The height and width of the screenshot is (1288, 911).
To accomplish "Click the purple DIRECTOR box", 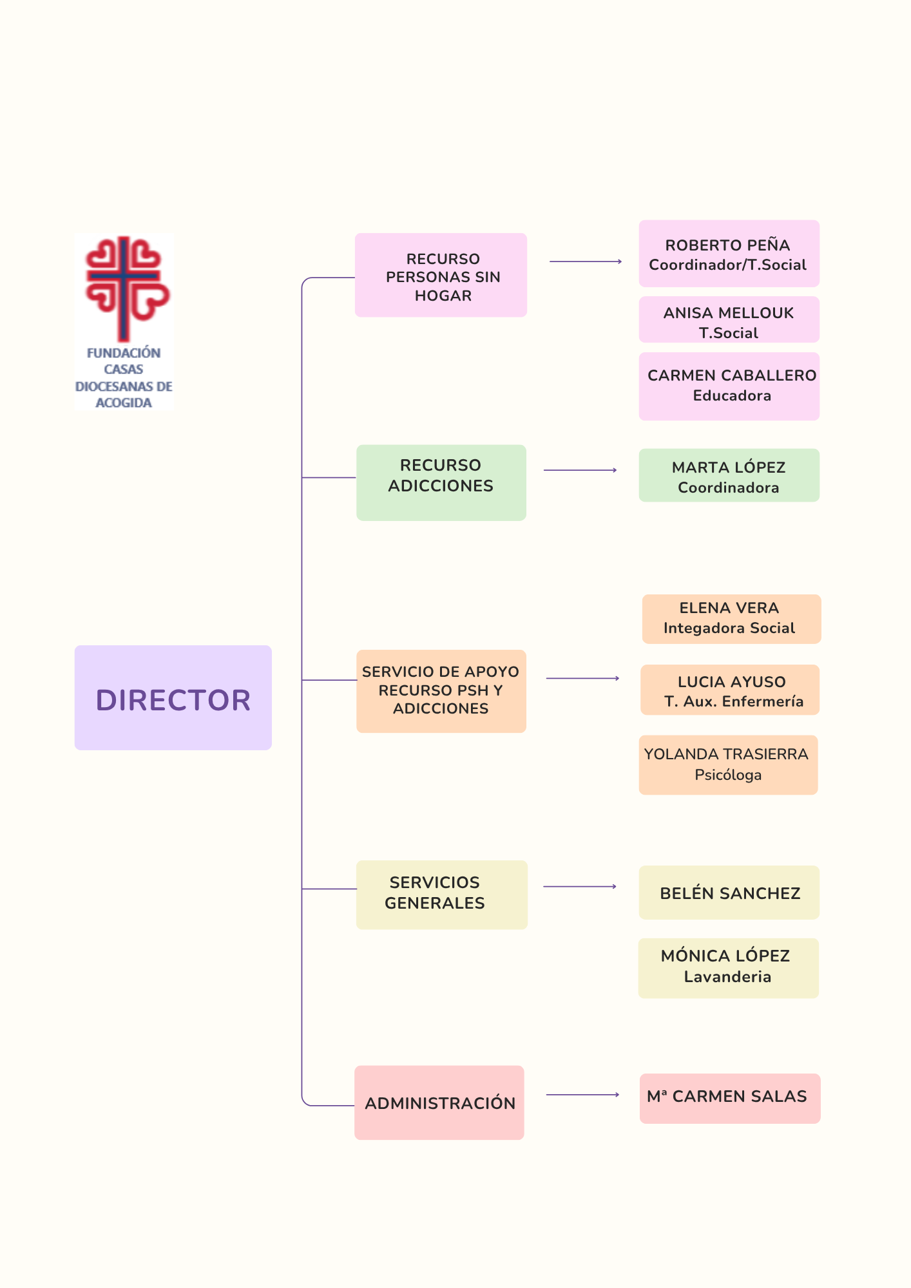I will [x=173, y=697].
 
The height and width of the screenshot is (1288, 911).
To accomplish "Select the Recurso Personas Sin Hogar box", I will [x=441, y=275].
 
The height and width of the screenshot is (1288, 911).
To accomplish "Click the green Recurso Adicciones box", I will [x=441, y=482].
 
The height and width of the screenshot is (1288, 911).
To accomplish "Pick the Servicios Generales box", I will [x=441, y=895].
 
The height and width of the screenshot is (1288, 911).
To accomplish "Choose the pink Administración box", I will [x=439, y=1103].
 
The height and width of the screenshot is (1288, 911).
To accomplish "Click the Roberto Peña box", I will [x=729, y=254].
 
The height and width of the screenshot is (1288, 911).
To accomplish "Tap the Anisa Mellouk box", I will [x=729, y=320].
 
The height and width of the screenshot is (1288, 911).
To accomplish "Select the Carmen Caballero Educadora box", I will [x=729, y=386].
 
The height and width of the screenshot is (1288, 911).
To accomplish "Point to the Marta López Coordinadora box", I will [x=729, y=475].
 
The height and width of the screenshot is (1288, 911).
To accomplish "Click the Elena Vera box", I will [x=731, y=619].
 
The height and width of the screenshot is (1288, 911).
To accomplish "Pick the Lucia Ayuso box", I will [x=729, y=690].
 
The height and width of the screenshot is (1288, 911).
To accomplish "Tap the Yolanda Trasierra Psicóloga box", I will [x=728, y=765].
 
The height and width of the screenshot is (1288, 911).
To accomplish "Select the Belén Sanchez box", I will [x=729, y=893].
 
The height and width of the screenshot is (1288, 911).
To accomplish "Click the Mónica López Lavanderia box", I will [x=728, y=968].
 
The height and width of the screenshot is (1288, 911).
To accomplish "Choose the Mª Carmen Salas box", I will [x=729, y=1098].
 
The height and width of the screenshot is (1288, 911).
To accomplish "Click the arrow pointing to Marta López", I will [x=580, y=470].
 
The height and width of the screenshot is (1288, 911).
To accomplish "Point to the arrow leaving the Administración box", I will [x=582, y=1094].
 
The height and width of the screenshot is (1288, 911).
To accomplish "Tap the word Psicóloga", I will [x=728, y=775].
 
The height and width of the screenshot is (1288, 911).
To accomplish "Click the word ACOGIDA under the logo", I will [x=124, y=402].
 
